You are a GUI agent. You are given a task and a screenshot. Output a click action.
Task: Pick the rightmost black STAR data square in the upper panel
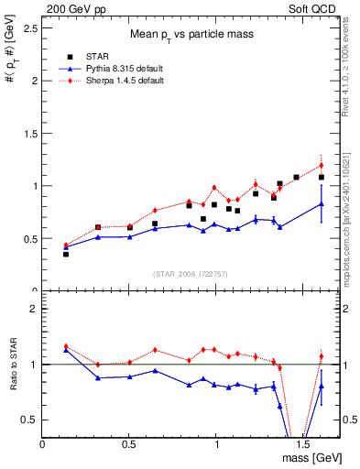pyautogui.click(x=322, y=177)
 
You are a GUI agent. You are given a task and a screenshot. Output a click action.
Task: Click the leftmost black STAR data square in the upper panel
pyautogui.click(x=66, y=254)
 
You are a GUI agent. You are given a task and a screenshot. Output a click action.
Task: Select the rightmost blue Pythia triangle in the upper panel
pyautogui.click(x=322, y=203)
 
